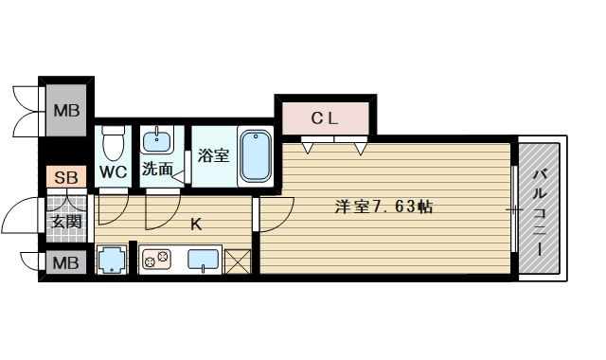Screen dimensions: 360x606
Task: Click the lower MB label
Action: click(x=65, y=262)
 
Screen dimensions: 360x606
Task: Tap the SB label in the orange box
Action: click(x=65, y=176)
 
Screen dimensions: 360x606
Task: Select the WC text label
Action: click(x=114, y=172)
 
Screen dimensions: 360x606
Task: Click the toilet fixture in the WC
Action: click(x=114, y=143)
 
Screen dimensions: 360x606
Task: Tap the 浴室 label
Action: click(x=213, y=155)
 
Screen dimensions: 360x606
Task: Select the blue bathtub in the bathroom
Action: click(x=255, y=155)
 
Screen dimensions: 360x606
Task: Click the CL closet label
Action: click(x=325, y=118)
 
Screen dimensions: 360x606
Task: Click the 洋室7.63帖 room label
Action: click(x=383, y=206)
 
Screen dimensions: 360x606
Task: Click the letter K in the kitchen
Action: click(x=196, y=225)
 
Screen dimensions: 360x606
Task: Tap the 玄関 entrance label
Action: click(x=65, y=222)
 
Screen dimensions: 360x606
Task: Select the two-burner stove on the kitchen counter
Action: click(x=156, y=259)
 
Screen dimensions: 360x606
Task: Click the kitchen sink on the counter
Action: click(x=204, y=259)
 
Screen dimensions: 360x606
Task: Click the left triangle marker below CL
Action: click(x=309, y=147)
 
